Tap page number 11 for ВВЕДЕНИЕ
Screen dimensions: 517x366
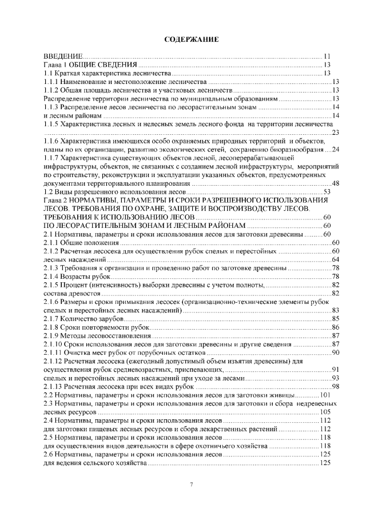[327, 57]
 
